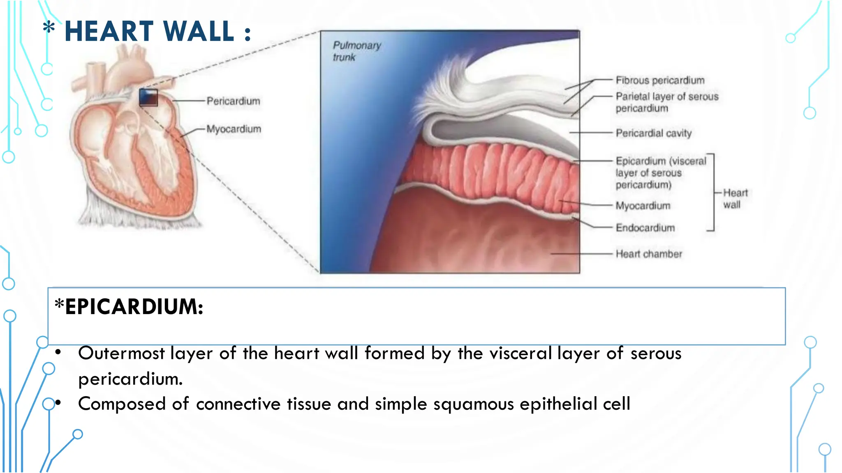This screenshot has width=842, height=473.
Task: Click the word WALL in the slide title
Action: (199, 32)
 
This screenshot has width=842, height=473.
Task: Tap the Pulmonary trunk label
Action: (356, 51)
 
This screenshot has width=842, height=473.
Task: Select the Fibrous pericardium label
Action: (660, 80)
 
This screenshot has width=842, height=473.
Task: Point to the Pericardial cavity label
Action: (653, 133)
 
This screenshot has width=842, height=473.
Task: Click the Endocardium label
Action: (645, 228)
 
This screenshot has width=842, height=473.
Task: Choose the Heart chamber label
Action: (649, 254)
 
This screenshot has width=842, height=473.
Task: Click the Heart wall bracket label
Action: (735, 199)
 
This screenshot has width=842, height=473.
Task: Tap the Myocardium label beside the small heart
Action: (234, 129)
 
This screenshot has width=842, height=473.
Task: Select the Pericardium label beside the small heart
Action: (233, 101)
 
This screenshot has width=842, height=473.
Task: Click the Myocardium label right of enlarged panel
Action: (643, 206)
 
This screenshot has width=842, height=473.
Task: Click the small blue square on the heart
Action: (148, 97)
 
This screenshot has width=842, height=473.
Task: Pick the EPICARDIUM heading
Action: (133, 307)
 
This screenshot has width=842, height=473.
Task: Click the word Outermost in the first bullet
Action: (121, 354)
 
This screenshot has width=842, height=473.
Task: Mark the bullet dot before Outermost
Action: (58, 352)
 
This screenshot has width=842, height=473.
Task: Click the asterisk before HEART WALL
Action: (49, 28)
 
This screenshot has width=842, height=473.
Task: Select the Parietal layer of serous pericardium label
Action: (666, 102)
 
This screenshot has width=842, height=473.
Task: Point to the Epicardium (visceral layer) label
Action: (660, 173)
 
